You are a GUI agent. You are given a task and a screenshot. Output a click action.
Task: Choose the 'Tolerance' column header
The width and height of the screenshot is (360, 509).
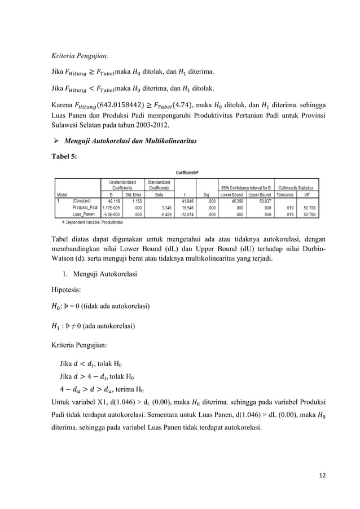click(286, 193)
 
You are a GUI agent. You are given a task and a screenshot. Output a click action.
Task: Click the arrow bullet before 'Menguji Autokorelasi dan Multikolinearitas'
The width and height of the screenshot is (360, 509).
click(56, 138)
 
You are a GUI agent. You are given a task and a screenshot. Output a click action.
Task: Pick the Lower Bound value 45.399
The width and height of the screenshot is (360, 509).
click(234, 199)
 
